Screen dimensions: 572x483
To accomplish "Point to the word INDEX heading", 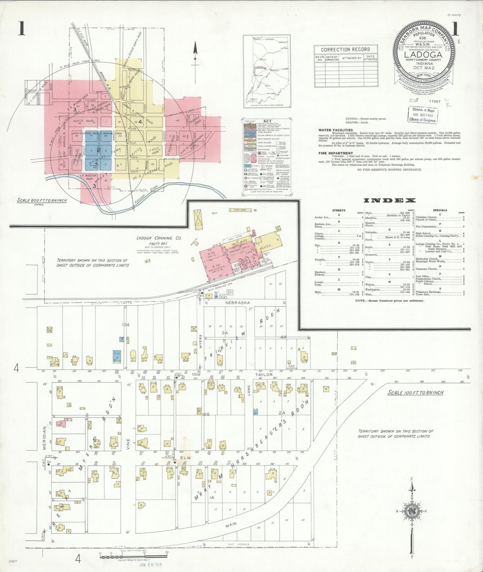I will [x=390, y=201].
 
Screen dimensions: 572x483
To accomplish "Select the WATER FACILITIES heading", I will [x=333, y=130].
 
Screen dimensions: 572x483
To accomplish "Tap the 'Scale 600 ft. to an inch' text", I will [x=42, y=201].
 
